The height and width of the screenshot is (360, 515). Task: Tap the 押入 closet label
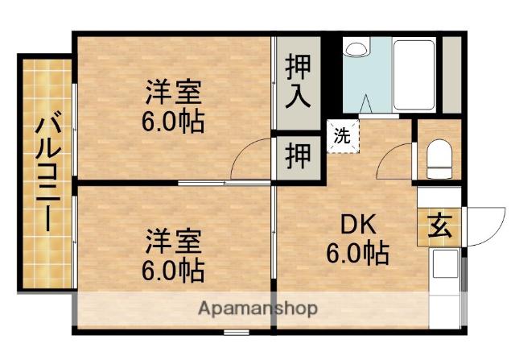click(299, 80)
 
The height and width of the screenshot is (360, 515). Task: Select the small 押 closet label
click(299, 155)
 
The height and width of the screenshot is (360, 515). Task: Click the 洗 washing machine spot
click(343, 136)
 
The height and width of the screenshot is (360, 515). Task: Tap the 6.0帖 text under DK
click(357, 254)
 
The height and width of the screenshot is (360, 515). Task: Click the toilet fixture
click(439, 159)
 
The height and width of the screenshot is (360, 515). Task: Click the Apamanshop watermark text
click(257, 308)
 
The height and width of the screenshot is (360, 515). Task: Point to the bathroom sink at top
click(355, 48)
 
